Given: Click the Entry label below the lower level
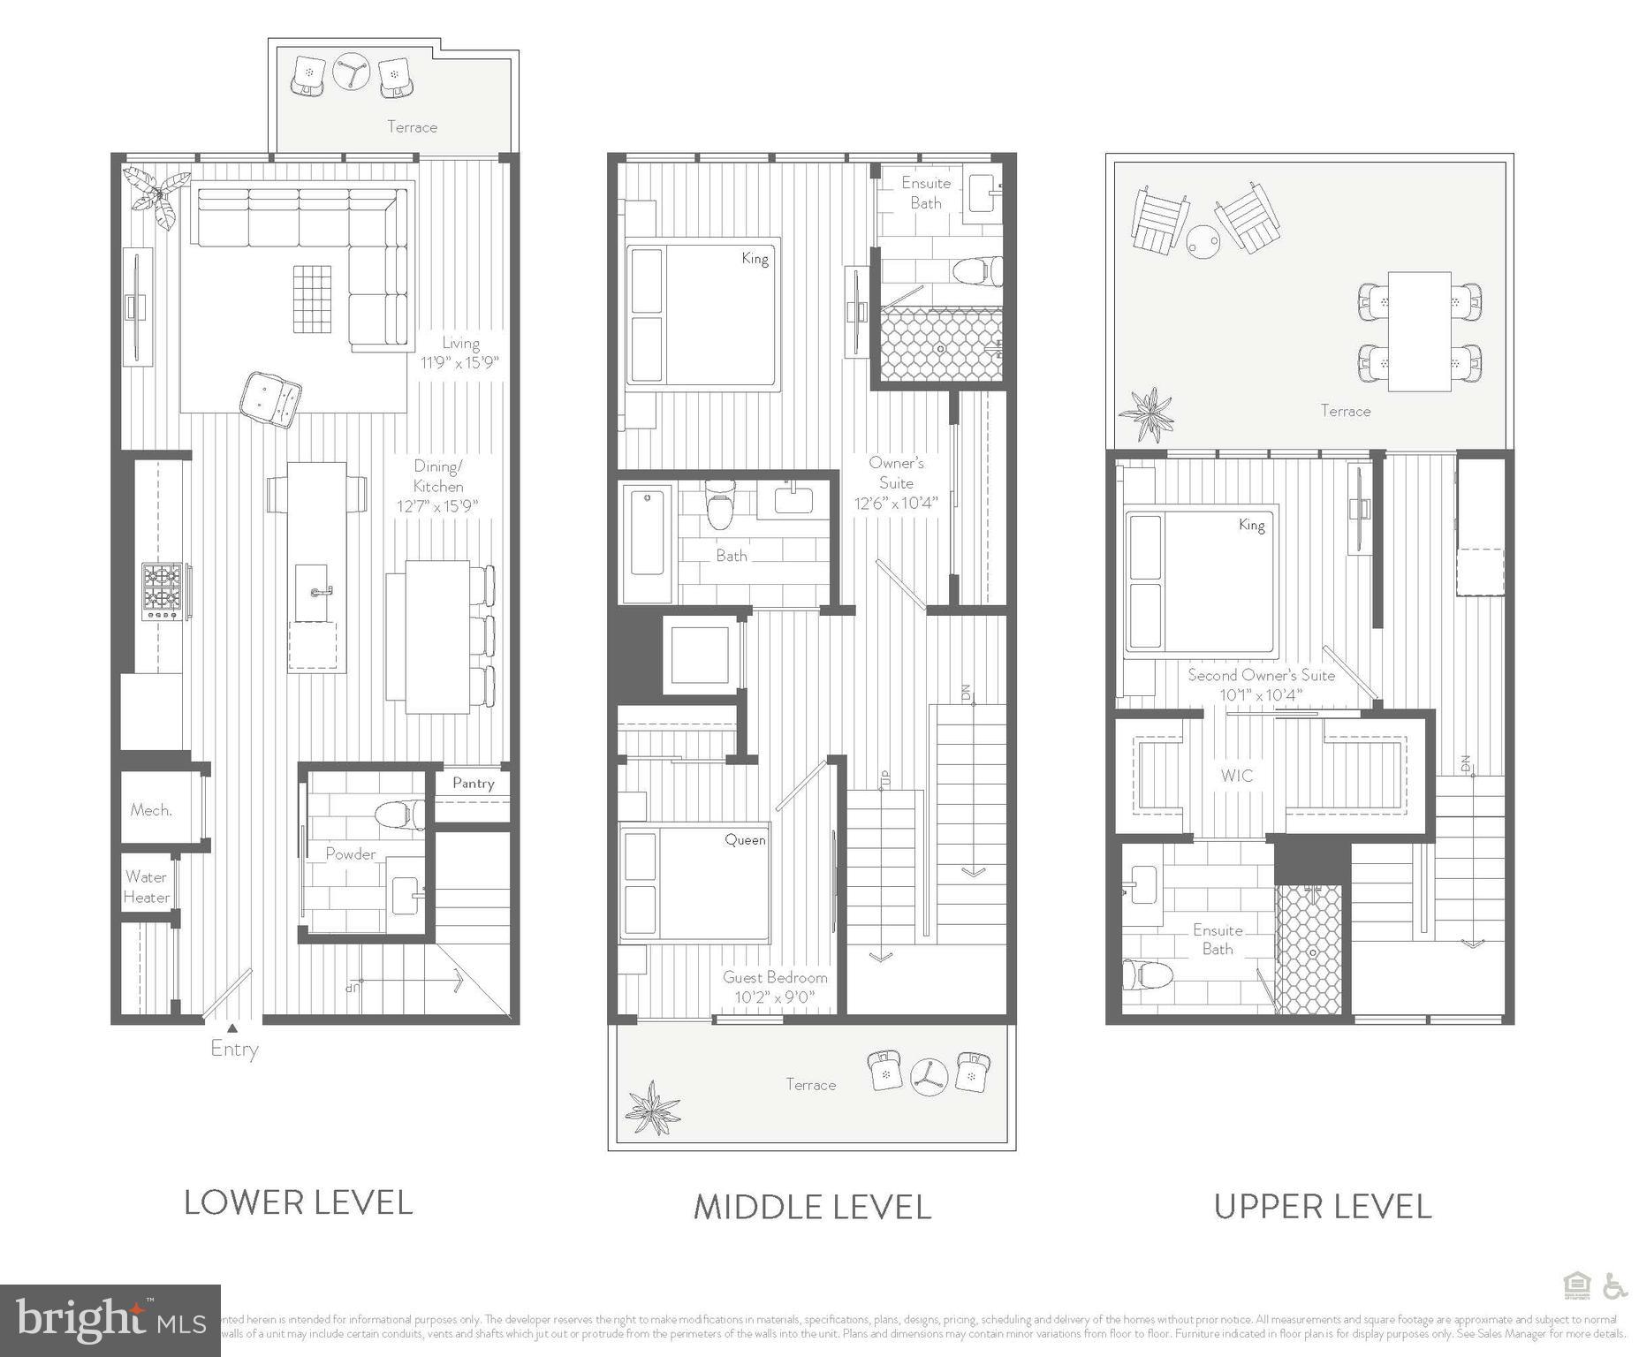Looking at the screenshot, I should (234, 1050).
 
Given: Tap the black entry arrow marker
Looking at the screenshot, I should (231, 1027).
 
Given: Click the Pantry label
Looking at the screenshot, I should (473, 783).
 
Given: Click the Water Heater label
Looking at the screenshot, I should (146, 887).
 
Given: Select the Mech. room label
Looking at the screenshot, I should (151, 810).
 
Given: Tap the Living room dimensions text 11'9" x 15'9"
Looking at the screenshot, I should (459, 362).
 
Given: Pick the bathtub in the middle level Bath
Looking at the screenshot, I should (647, 542).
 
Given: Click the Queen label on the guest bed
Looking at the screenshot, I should (745, 840).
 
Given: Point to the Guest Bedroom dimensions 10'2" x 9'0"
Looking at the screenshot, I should (774, 997).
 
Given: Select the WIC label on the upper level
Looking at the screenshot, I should (1236, 776).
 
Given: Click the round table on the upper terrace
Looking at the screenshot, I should (1203, 240).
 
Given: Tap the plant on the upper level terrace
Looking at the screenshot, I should (1147, 413).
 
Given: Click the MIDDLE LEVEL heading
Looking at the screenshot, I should (812, 1207).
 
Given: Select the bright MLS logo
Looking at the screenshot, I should (110, 1320).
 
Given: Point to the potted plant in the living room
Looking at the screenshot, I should (157, 196).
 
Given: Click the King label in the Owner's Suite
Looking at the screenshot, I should (755, 259).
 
